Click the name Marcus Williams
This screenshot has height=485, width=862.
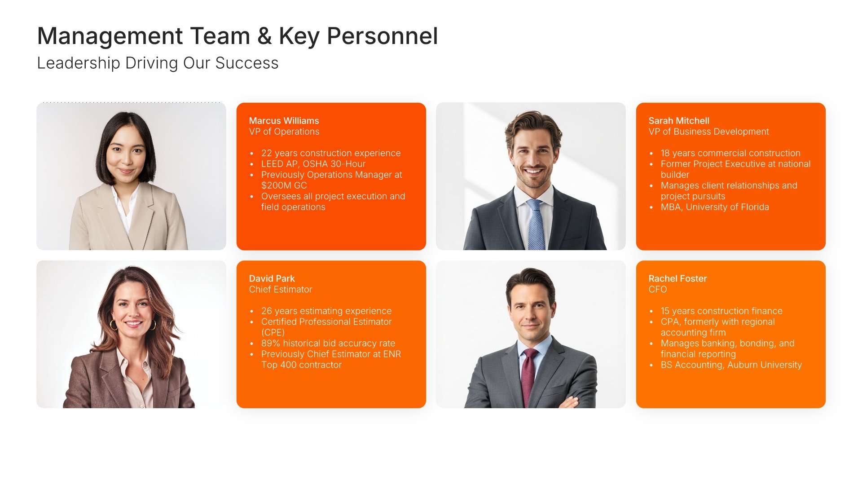pos(284,121)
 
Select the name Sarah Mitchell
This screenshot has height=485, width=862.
pos(679,121)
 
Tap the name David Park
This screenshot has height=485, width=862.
pos(272,278)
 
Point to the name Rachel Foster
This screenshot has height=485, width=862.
pos(677,278)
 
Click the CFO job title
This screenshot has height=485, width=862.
pos(658,290)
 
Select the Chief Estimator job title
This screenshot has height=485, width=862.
pos(281,290)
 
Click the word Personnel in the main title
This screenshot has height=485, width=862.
pos(382,36)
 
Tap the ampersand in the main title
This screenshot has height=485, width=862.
pos(265,36)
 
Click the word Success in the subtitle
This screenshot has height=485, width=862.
pos(247,63)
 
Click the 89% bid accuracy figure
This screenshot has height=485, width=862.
pos(271,344)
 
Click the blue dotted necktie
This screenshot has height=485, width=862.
pos(536,225)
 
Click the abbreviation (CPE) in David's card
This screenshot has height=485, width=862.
pos(273,333)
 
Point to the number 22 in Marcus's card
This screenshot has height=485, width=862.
pos(267,153)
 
